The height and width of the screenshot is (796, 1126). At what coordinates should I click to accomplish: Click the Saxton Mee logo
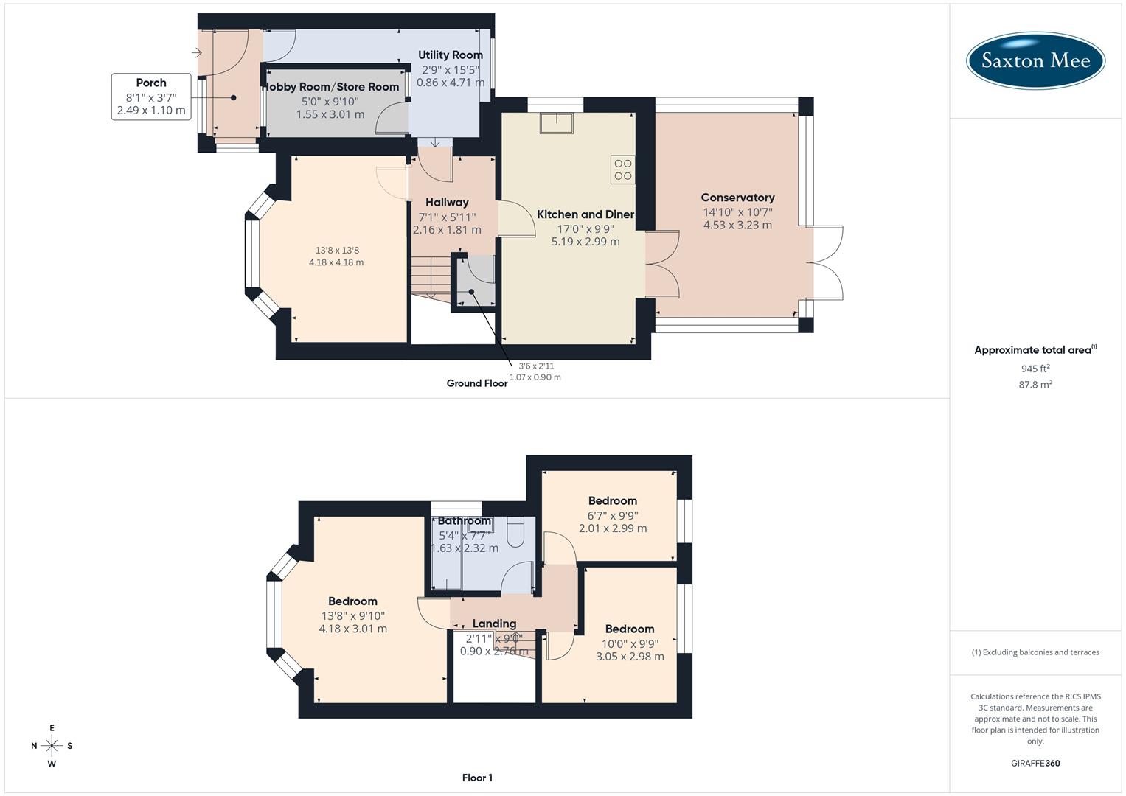[x=1035, y=60]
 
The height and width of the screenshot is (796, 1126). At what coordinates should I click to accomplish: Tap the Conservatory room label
[x=737, y=198]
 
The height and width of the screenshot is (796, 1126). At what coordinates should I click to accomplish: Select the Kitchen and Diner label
[x=585, y=214]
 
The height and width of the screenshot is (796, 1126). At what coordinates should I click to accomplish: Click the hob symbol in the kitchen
[x=622, y=169]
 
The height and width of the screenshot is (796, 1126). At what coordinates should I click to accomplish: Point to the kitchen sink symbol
[x=557, y=122]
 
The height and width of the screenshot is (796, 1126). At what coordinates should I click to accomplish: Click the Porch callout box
[x=151, y=97]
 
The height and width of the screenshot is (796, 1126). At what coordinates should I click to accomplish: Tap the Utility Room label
[x=451, y=55]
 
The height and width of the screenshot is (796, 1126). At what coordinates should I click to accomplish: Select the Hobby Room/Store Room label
[x=331, y=87]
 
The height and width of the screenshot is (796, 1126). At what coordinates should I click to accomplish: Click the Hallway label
[x=447, y=202]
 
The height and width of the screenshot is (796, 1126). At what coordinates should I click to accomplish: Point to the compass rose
[x=52, y=745]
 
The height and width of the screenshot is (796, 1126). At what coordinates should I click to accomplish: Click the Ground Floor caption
[x=477, y=383]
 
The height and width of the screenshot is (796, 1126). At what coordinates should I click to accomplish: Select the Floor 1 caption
[x=477, y=778]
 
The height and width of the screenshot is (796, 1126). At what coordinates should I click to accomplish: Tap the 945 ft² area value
[x=1035, y=369]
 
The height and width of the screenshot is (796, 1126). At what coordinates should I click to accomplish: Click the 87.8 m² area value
[x=1035, y=384]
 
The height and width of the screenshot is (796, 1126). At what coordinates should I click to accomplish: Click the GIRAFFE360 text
[x=1035, y=763]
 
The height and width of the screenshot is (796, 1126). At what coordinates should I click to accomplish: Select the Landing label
[x=494, y=624]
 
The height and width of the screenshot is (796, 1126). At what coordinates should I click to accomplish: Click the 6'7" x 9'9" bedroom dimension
[x=613, y=515]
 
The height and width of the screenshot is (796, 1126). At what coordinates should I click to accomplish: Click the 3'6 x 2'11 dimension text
[x=536, y=366]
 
